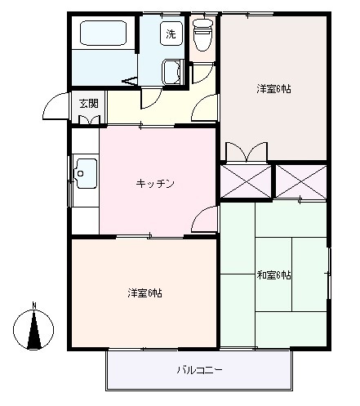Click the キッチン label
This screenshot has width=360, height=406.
155,184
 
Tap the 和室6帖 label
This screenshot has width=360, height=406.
274,275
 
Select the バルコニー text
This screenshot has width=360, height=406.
199,370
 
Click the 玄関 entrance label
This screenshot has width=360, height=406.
89,104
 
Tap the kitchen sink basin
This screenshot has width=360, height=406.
86,173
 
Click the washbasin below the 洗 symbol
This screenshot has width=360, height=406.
172,71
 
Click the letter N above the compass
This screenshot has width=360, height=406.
33,306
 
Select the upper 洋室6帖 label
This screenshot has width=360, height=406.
273,88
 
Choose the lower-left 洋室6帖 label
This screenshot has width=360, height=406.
144,292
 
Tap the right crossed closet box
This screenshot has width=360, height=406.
300,181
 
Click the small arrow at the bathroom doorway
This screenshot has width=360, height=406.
128,80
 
